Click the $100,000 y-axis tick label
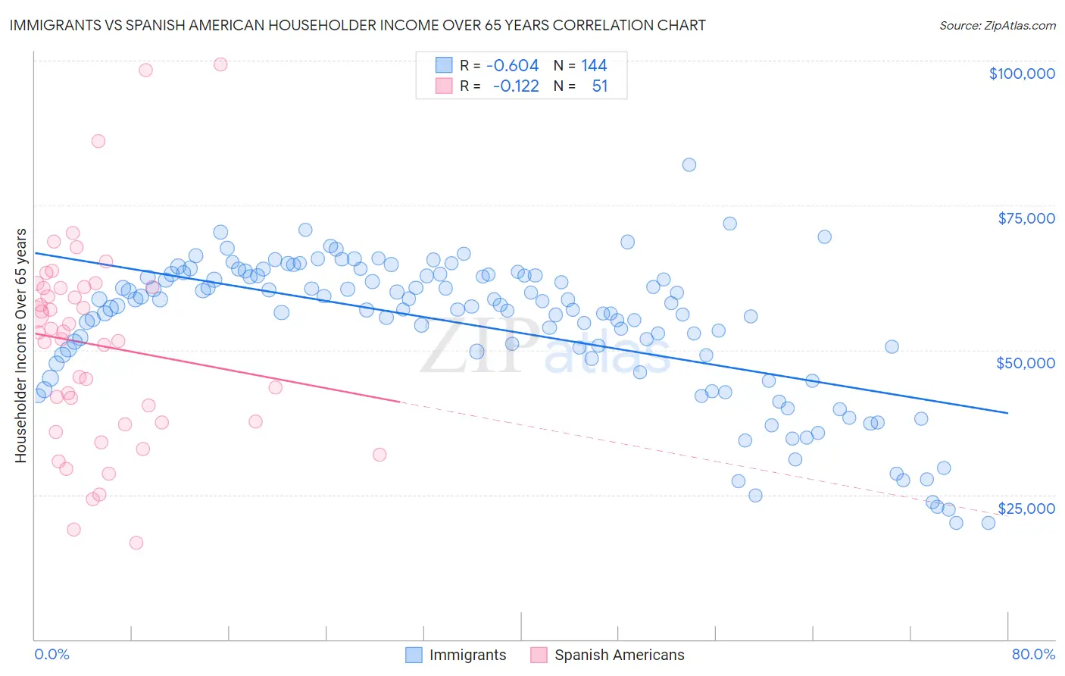1021,74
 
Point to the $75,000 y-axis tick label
1026,218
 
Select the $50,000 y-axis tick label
1025,363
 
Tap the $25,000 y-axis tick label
1026,508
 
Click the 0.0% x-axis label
52,654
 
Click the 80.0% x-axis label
1033,654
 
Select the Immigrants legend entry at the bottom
456,655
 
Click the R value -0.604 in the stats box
512,66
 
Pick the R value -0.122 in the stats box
515,86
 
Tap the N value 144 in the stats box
594,66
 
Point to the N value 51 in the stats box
599,86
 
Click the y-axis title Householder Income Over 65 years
21,345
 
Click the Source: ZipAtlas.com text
997,26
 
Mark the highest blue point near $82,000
689,164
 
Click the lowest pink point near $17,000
136,543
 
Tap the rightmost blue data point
988,522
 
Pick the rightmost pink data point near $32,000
379,455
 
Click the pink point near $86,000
98,141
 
